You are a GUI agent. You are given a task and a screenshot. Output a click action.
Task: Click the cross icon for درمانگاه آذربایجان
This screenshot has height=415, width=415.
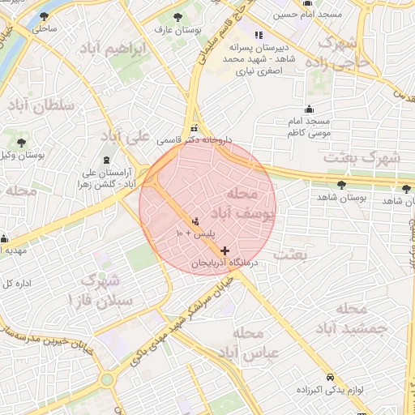click(x=225, y=250)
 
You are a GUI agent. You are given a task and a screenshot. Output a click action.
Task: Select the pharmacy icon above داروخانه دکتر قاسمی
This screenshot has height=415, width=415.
click(x=194, y=128)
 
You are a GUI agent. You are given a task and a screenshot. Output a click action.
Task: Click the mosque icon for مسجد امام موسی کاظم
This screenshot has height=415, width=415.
click(x=307, y=109)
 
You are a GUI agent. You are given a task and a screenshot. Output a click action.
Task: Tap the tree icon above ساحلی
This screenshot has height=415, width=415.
click(x=44, y=16)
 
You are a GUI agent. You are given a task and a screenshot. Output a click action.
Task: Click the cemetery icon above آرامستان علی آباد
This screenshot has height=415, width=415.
click(x=109, y=159)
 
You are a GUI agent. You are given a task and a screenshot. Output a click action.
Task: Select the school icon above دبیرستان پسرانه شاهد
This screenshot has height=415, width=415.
click(x=259, y=35)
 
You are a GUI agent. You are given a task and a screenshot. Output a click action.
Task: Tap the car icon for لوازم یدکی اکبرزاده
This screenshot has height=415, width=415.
click(x=330, y=378)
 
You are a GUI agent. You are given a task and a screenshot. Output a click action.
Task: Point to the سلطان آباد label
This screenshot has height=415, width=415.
click(x=41, y=105)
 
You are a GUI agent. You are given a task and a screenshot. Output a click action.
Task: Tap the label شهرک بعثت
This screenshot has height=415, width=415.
click(x=362, y=156)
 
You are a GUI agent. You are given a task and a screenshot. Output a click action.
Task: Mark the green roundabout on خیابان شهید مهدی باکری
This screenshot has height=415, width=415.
click(x=107, y=379)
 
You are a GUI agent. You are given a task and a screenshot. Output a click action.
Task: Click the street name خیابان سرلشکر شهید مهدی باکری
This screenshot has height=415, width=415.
click(x=174, y=318)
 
